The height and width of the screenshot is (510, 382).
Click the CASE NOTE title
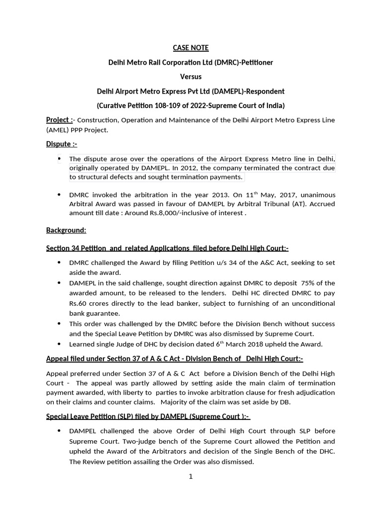[x=191, y=48]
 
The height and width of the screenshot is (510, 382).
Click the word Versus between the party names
[x=191, y=77]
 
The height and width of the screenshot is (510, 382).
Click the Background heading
[x=66, y=230]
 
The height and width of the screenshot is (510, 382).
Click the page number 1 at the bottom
[x=191, y=477]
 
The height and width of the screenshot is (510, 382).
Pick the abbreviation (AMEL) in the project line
[x=58, y=130]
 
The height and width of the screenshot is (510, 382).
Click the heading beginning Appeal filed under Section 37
[x=175, y=359]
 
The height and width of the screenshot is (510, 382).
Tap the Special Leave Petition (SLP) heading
[x=148, y=416]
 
